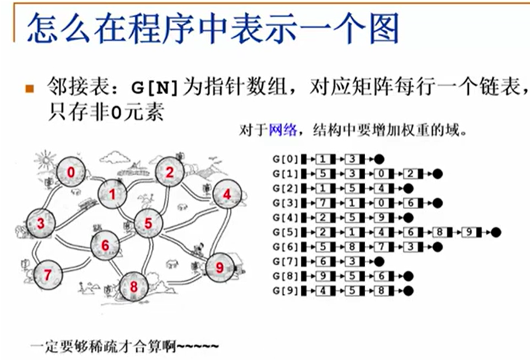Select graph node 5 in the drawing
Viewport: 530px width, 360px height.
148,223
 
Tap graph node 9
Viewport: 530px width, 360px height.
219,267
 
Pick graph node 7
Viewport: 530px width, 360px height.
47,274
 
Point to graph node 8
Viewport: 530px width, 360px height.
133,286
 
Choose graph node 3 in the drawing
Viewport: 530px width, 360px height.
41,223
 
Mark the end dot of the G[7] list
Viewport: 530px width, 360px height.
379,261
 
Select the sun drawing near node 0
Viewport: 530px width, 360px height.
44,161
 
